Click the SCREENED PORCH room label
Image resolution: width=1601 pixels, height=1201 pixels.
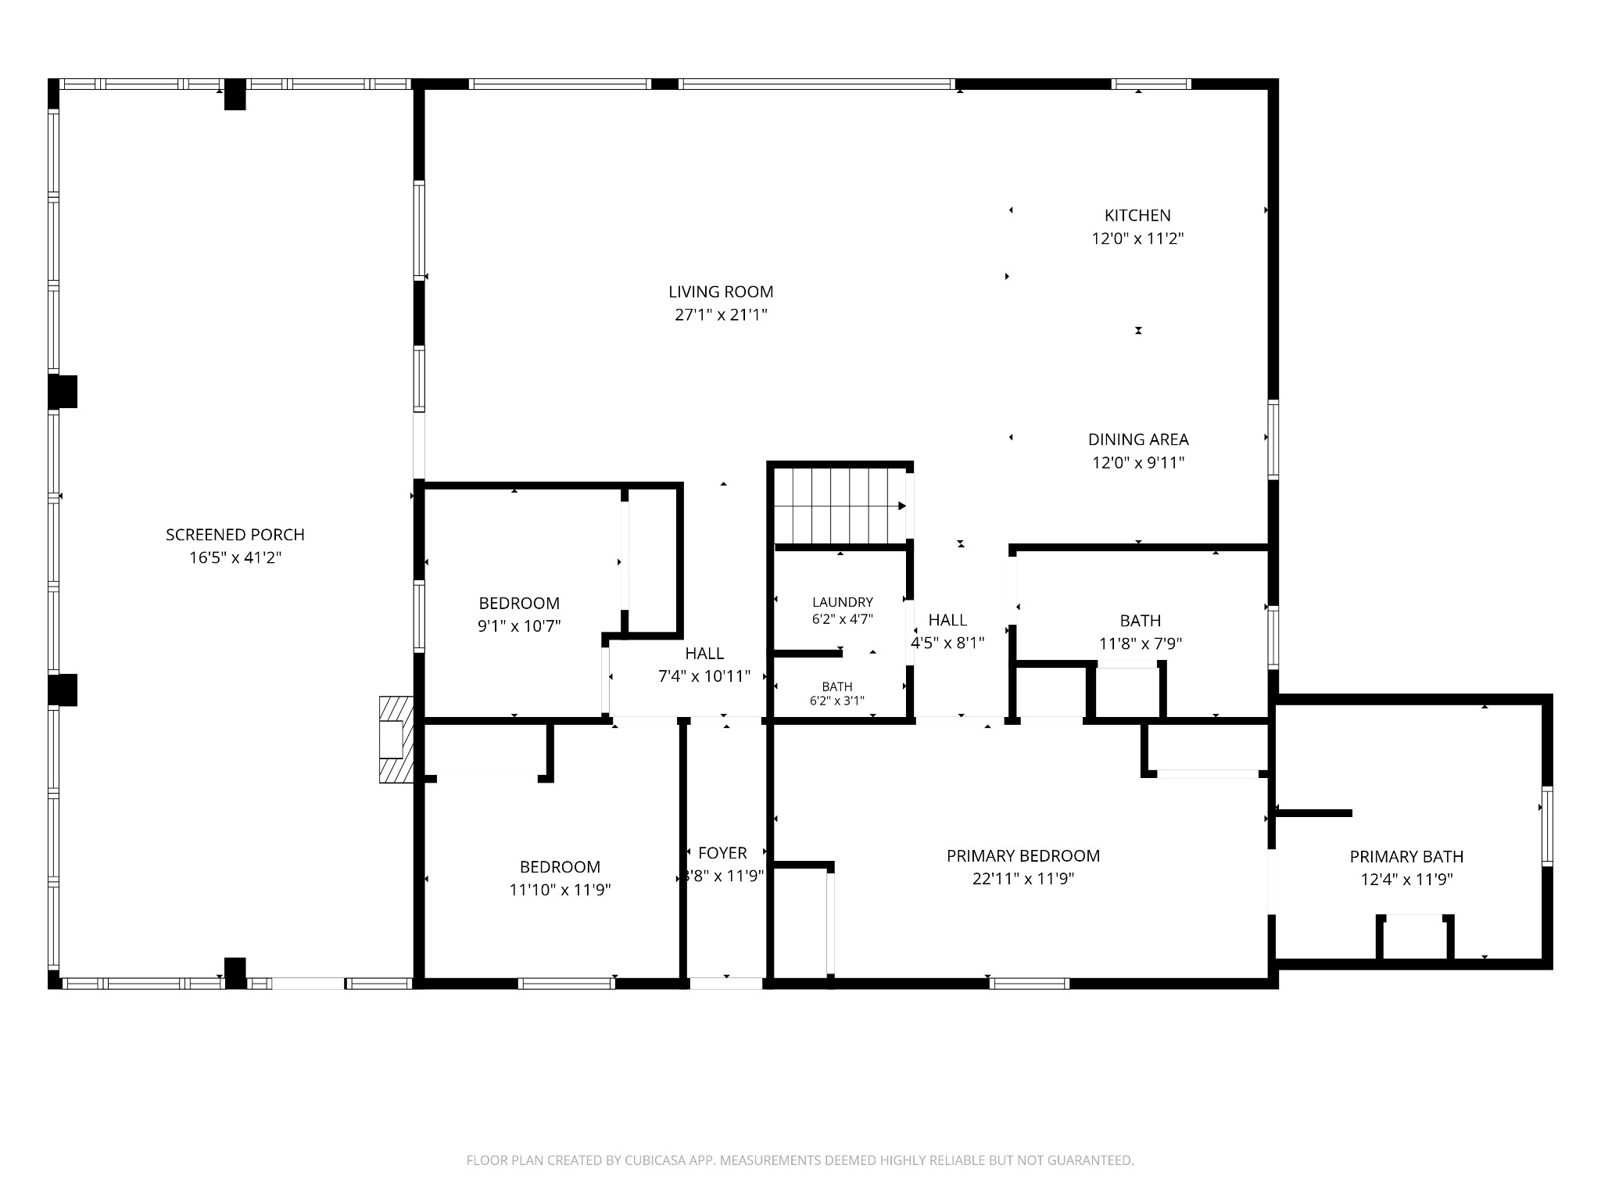pyautogui.click(x=235, y=535)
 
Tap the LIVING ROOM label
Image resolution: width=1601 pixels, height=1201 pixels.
pyautogui.click(x=721, y=292)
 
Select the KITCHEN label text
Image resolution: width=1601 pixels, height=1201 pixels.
pyautogui.click(x=1137, y=215)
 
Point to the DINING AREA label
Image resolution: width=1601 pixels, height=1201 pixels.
pyautogui.click(x=1138, y=439)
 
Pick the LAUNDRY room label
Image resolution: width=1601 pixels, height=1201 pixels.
pyautogui.click(x=843, y=602)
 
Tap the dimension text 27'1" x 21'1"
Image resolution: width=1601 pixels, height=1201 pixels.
pyautogui.click(x=722, y=315)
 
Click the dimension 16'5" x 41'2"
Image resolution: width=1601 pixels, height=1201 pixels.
pyautogui.click(x=235, y=558)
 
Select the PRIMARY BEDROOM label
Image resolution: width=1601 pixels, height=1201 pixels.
pyautogui.click(x=1023, y=856)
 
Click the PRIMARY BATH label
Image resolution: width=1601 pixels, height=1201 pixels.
pyautogui.click(x=1406, y=857)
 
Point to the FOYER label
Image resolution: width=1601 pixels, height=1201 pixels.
pyautogui.click(x=722, y=853)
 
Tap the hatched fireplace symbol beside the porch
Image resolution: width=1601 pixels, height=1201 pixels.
pyautogui.click(x=396, y=740)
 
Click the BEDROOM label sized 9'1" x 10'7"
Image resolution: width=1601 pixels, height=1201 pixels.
pyautogui.click(x=519, y=604)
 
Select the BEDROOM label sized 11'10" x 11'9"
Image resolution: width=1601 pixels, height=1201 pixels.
pyautogui.click(x=560, y=867)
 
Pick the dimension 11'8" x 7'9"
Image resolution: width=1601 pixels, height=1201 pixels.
pyautogui.click(x=1140, y=644)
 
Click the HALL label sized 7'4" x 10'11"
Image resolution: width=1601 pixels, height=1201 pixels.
pyautogui.click(x=704, y=654)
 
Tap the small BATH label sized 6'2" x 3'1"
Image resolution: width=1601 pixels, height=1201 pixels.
pyautogui.click(x=837, y=687)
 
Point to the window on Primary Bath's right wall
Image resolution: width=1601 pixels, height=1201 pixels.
pyautogui.click(x=1546, y=826)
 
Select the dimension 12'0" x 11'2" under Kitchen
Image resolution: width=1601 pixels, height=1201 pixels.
pyautogui.click(x=1137, y=238)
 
